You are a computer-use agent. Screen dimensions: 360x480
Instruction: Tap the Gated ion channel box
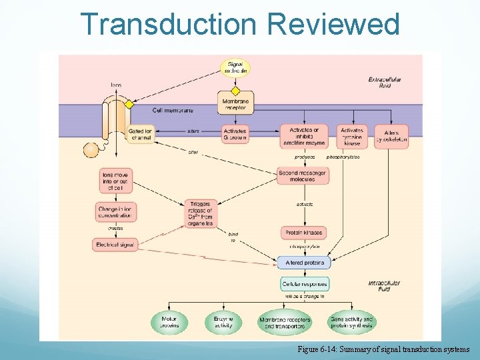[x=140, y=135]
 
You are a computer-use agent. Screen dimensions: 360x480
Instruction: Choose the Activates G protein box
[x=235, y=135]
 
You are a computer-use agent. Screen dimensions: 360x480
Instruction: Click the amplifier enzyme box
[x=303, y=136]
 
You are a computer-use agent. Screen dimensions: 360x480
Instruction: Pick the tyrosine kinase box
[x=353, y=136]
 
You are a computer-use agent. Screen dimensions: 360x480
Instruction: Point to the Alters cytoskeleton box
[x=392, y=136]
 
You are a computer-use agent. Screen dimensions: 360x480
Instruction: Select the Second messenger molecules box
[x=303, y=175]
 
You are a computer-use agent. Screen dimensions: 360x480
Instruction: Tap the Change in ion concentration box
[x=115, y=212]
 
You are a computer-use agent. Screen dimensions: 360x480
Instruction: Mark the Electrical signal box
[x=115, y=245]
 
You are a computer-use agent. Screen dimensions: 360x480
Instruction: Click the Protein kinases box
[x=303, y=233]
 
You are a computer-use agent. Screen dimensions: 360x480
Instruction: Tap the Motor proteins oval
[x=169, y=323]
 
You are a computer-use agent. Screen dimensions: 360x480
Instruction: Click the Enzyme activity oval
[x=223, y=323]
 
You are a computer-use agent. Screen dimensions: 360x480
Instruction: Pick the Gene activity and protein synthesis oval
[x=352, y=323]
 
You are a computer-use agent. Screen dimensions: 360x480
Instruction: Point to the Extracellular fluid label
[x=385, y=83]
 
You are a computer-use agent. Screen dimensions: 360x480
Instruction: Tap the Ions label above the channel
[x=116, y=85]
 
